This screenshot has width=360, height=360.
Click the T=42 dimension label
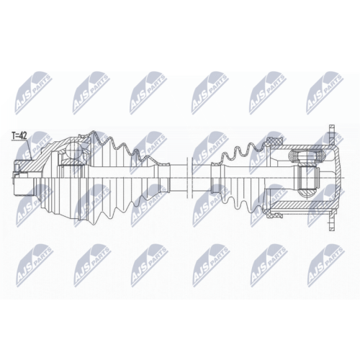[19, 136]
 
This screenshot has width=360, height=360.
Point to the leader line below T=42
[29, 149]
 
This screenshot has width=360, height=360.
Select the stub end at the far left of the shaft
[24, 178]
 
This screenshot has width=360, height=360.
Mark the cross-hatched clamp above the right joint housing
[273, 142]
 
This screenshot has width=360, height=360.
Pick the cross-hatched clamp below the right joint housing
[273, 213]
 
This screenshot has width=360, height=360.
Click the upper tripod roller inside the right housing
[307, 156]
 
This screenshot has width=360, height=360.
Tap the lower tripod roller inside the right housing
[307, 192]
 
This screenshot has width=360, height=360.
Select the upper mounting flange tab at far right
[331, 135]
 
